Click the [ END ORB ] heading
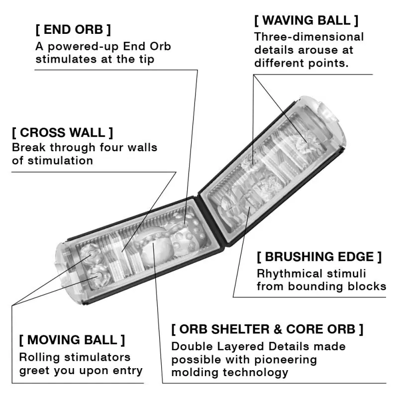pos(73,29)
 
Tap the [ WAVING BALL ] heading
pos(306,20)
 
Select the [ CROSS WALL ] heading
pos(63,133)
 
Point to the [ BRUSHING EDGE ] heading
pos(319,257)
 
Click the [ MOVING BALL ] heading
pos(72,340)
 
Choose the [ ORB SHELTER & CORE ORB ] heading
pos(267,329)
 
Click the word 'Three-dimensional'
pos(309,37)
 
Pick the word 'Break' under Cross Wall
pos(28,148)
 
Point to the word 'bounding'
pos(315,286)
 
